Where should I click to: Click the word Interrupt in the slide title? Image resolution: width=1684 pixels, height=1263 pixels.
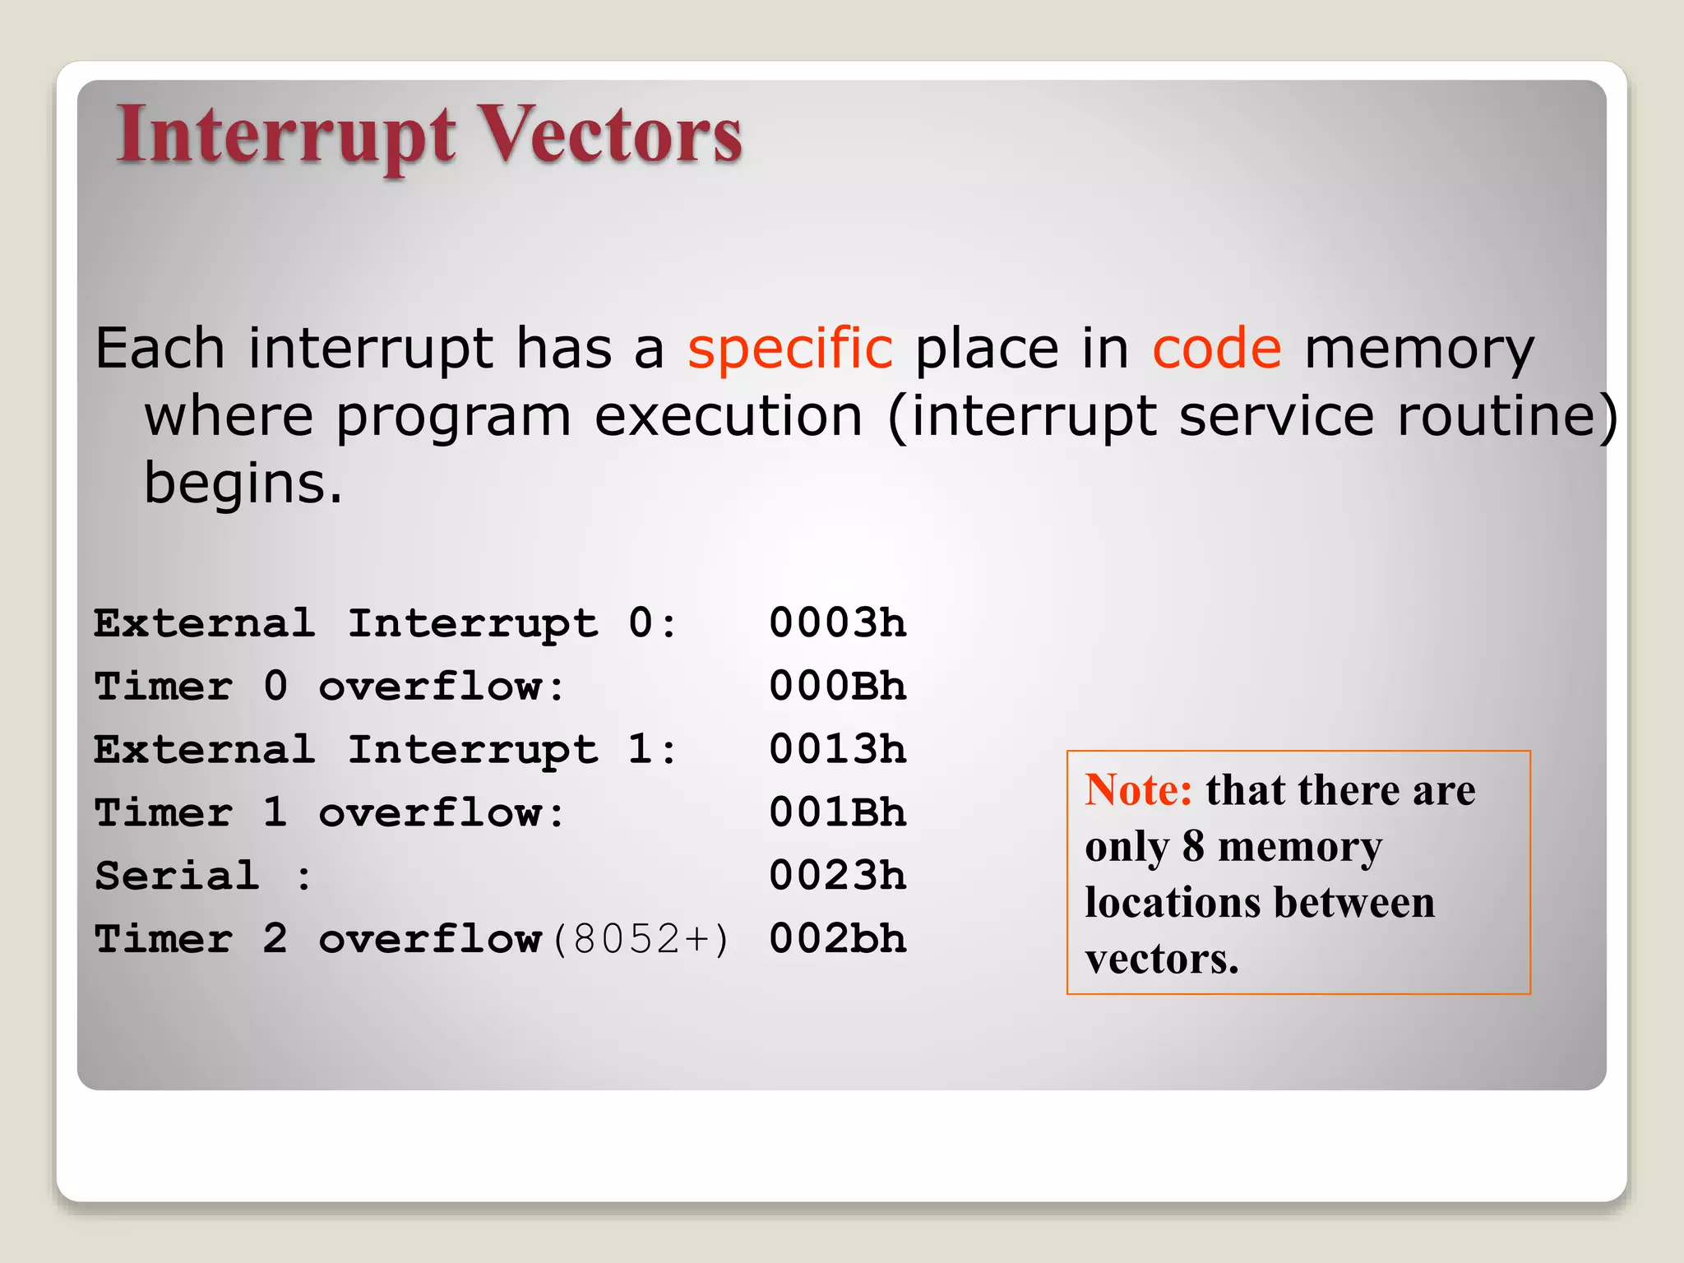point(285,136)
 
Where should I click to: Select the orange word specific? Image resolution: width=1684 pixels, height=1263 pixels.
point(789,349)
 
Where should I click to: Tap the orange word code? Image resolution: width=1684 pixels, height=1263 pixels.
point(1216,349)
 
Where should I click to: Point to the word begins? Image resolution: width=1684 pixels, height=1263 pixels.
point(243,483)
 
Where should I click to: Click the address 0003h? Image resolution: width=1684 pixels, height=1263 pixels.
point(837,622)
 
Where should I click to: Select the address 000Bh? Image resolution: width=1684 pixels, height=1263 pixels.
point(837,686)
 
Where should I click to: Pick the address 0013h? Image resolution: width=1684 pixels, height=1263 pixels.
point(837,749)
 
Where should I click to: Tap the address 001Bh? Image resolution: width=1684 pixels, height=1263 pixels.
point(837,812)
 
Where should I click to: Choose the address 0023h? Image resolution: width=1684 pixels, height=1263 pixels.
point(837,875)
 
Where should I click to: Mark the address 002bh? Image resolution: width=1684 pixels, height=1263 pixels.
point(837,938)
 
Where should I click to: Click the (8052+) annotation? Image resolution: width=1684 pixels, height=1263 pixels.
point(640,939)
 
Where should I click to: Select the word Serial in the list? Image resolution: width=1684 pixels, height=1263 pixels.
point(177,875)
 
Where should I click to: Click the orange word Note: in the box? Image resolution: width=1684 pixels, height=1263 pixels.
point(1138,790)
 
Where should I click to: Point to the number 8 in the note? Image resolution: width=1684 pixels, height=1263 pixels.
point(1193,846)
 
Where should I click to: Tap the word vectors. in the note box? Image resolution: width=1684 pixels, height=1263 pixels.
point(1161,959)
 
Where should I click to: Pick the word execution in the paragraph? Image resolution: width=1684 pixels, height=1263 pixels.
point(728,416)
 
